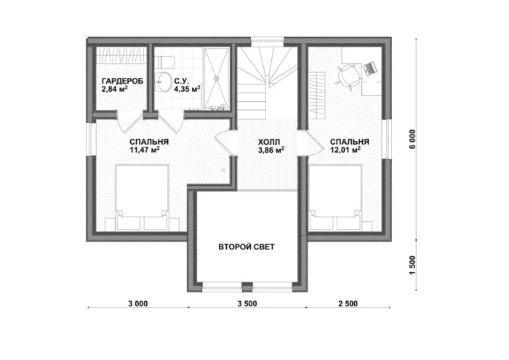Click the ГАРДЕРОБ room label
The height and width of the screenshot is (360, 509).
(x=122, y=81)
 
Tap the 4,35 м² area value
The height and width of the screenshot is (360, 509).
(x=187, y=89)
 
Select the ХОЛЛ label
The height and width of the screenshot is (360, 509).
(x=269, y=142)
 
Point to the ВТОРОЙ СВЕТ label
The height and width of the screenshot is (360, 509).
(x=247, y=247)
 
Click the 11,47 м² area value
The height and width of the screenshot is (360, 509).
(x=145, y=150)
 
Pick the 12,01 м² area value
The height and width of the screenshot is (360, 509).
(x=345, y=150)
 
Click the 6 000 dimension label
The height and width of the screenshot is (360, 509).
(x=412, y=139)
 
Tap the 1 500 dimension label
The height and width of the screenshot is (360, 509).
(x=412, y=265)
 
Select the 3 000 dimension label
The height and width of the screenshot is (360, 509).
(x=138, y=303)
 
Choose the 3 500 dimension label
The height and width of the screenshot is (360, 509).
(x=247, y=303)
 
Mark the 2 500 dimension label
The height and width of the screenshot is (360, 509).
(x=348, y=303)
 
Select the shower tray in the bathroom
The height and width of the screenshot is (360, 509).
(x=217, y=79)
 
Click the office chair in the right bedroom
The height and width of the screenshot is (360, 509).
(x=348, y=76)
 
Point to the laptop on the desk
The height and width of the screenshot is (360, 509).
(x=370, y=68)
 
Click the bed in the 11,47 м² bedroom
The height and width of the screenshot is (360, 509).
(x=142, y=198)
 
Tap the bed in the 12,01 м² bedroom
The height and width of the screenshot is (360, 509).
(x=335, y=198)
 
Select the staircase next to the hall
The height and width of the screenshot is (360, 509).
(x=267, y=83)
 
